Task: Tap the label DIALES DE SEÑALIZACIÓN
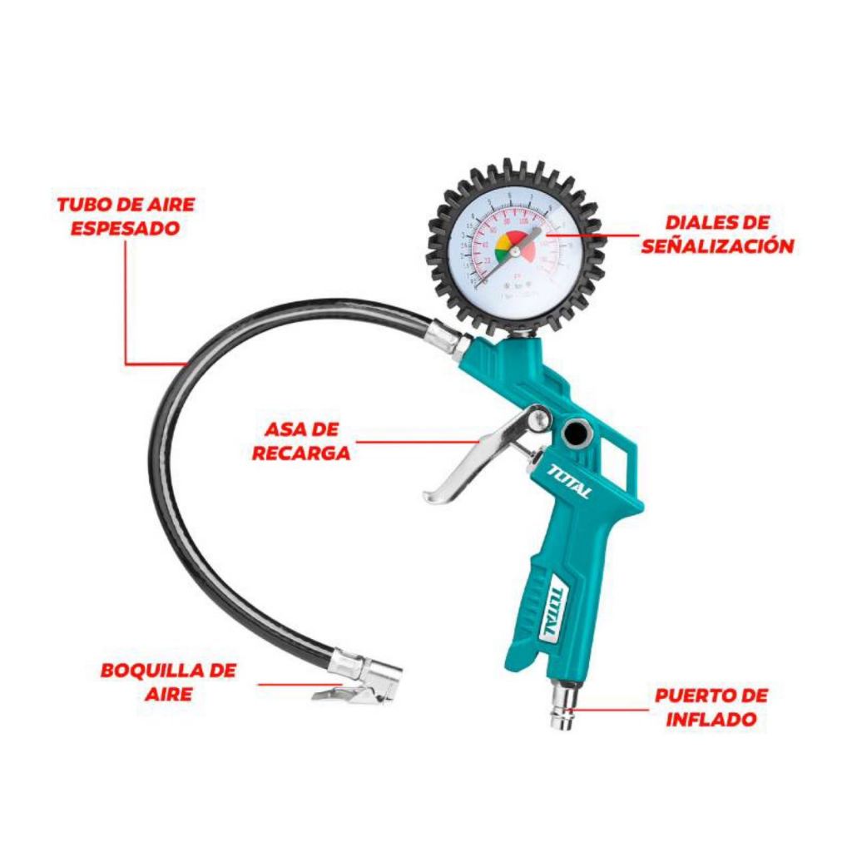click(717, 235)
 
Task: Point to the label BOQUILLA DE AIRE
click(168, 681)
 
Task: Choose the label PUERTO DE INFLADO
click(711, 707)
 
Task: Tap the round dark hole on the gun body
click(574, 433)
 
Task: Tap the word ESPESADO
click(125, 228)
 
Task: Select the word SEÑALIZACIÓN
click(717, 246)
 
